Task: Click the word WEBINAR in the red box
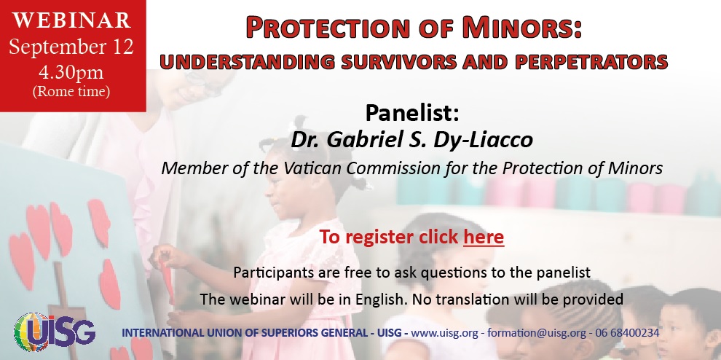pyautogui.click(x=71, y=20)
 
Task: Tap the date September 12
pyautogui.click(x=71, y=47)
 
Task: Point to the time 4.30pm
pyautogui.click(x=71, y=72)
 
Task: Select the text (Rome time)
pyautogui.click(x=71, y=91)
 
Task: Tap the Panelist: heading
pyautogui.click(x=412, y=113)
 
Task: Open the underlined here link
pyautogui.click(x=484, y=237)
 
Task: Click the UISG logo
pyautogui.click(x=55, y=332)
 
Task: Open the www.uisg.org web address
pyautogui.click(x=445, y=332)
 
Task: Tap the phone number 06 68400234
pyautogui.click(x=627, y=332)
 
